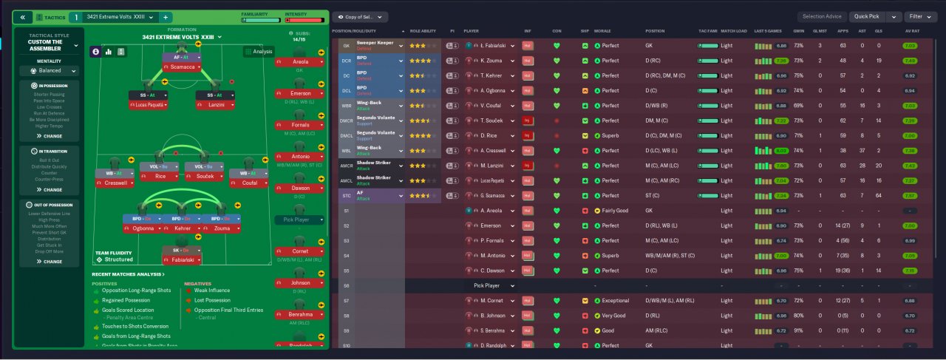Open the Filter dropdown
[920, 16]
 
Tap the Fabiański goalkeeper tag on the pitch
[182, 260]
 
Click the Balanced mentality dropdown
[49, 71]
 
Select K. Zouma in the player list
[484, 60]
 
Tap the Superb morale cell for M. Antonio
[610, 256]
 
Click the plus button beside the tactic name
[166, 16]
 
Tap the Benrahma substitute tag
[299, 314]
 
